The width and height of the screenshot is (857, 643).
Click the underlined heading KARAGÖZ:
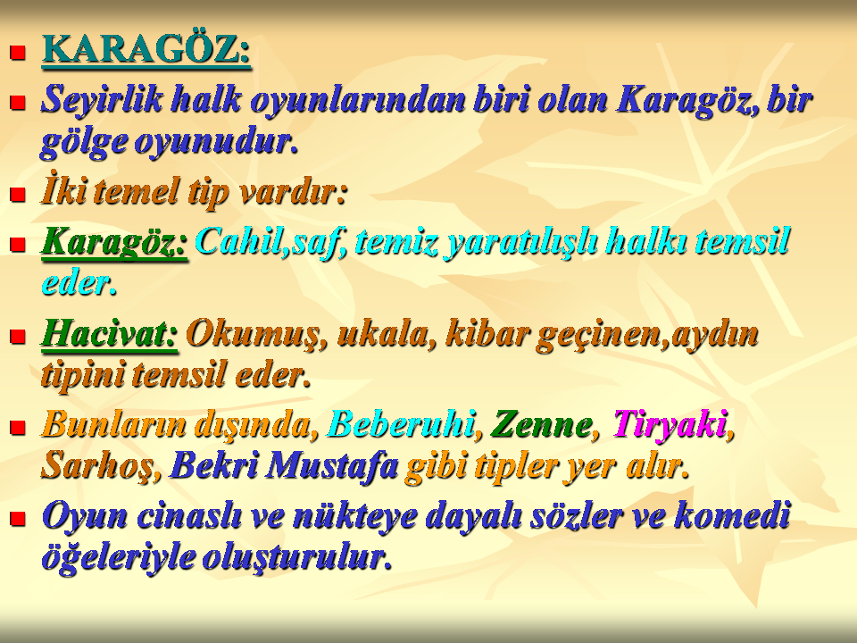[x=146, y=51]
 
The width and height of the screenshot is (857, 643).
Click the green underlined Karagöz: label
[x=114, y=242]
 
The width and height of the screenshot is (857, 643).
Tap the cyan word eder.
[x=79, y=284]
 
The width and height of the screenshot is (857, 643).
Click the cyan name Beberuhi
[x=400, y=423]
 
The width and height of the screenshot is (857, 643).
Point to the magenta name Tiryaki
[x=670, y=423]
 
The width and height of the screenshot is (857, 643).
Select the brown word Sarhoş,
[x=101, y=466]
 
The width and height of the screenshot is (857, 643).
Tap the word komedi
[x=732, y=515]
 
